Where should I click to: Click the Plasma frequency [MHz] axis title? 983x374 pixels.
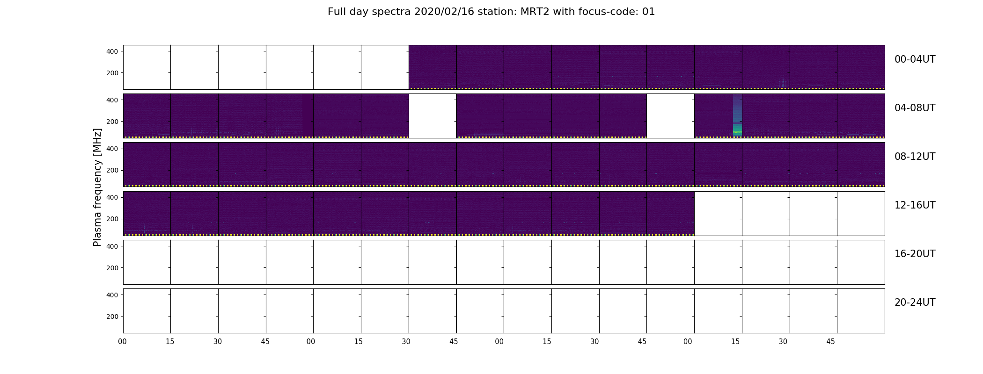97,187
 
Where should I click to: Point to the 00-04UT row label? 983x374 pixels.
915,59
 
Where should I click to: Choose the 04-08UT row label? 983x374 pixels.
915,108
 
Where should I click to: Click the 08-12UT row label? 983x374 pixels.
915,157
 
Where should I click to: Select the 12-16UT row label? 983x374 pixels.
915,205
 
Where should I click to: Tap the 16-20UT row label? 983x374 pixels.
915,254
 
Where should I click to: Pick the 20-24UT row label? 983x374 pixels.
915,302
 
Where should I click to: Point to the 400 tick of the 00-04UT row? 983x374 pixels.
112,51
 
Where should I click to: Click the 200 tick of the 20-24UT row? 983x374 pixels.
112,316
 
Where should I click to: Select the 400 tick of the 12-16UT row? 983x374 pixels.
112,197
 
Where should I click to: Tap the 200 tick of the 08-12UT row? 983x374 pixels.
112,170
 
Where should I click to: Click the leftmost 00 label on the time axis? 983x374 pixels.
123,342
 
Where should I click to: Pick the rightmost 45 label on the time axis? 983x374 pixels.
830,342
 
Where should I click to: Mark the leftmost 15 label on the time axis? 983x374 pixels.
170,342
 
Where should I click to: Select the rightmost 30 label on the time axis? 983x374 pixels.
783,342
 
